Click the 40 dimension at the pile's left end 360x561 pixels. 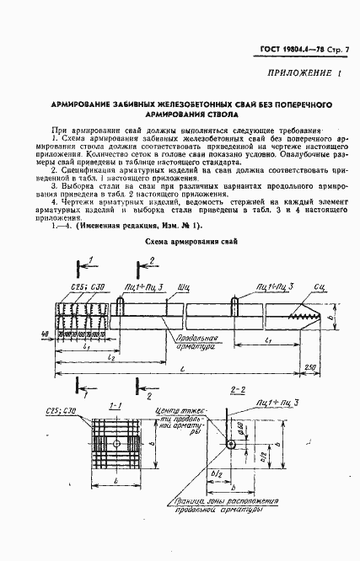click(41, 334)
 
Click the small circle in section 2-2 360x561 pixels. click(229, 446)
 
